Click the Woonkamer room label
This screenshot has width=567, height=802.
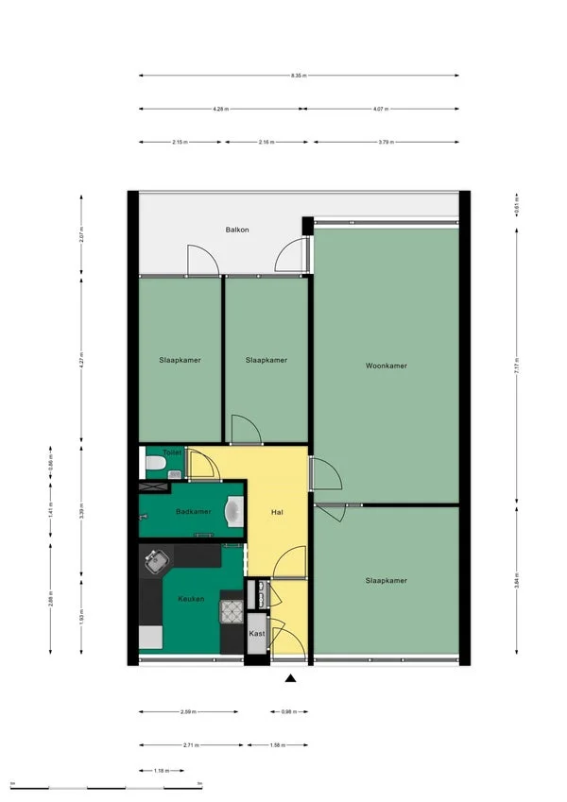tap(387, 365)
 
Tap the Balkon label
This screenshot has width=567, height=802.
tap(236, 230)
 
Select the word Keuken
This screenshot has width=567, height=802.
tap(190, 599)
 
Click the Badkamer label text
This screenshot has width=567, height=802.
tap(193, 511)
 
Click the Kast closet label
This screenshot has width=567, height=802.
tap(257, 633)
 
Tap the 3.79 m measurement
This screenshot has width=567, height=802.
tap(385, 143)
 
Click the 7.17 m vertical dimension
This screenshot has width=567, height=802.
tap(516, 372)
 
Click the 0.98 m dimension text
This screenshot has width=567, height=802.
tap(289, 711)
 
